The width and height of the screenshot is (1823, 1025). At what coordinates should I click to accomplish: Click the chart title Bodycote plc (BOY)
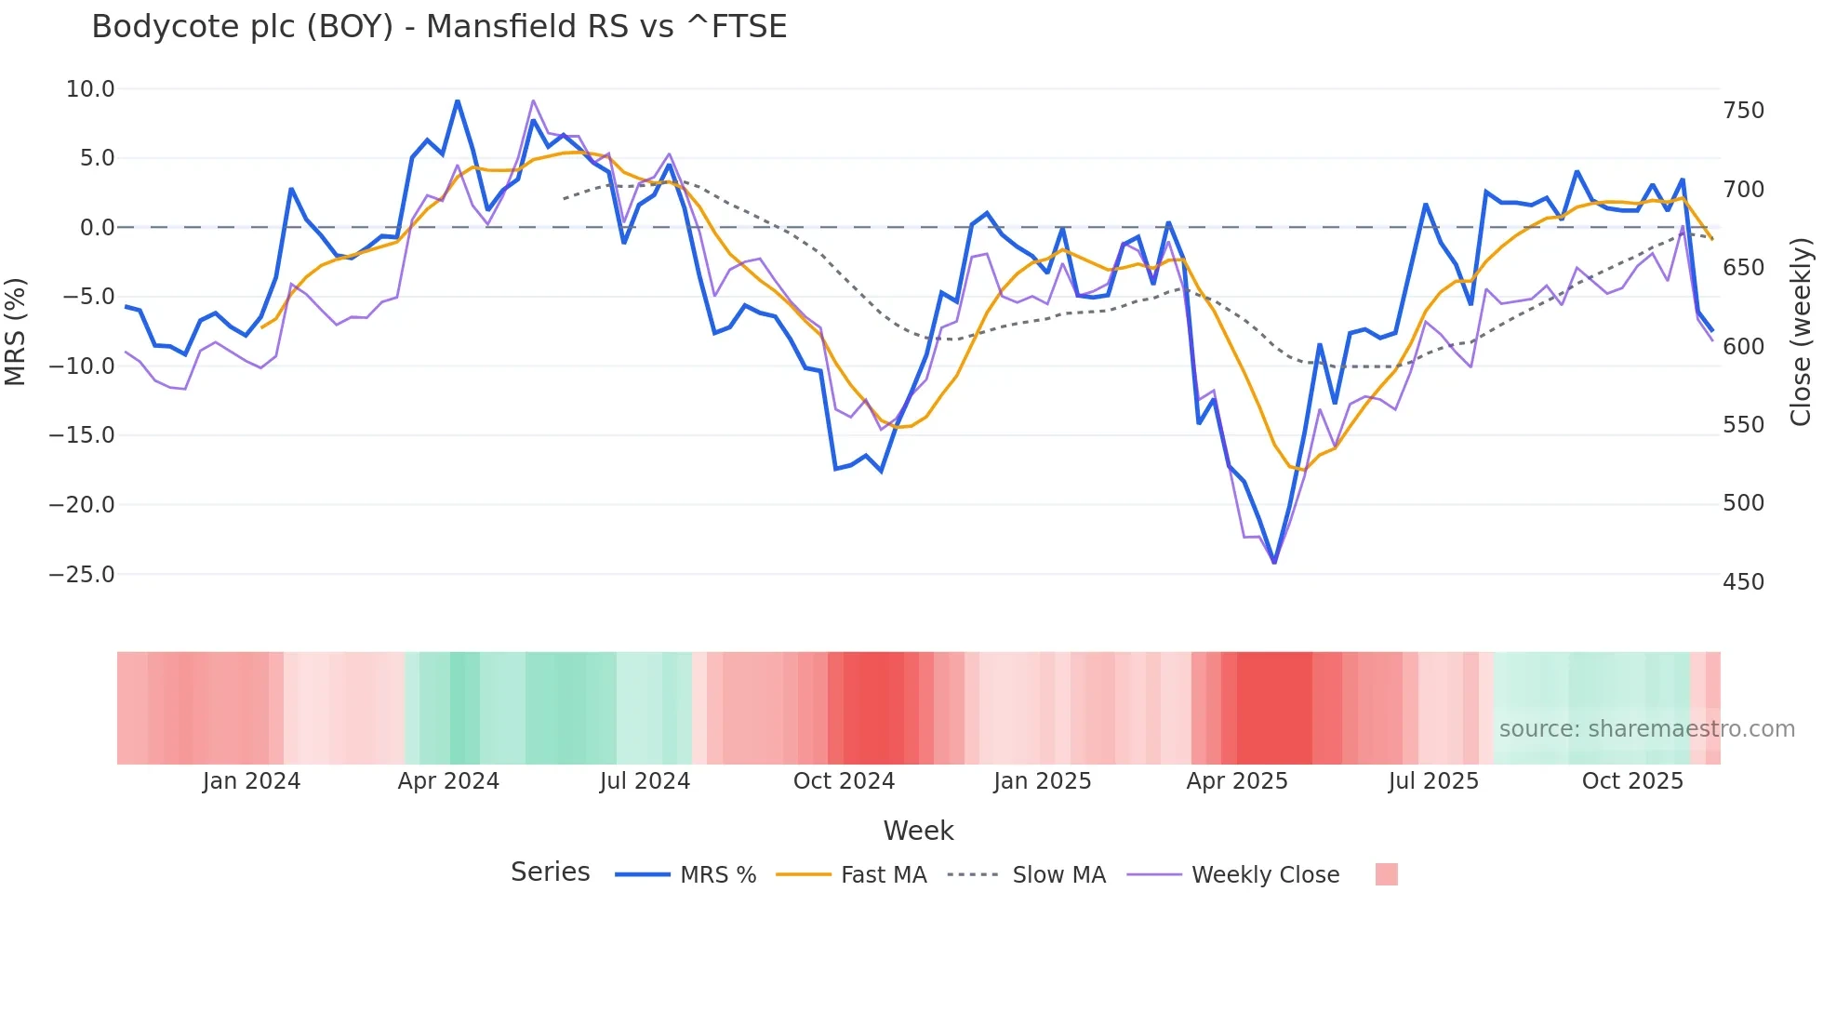click(439, 27)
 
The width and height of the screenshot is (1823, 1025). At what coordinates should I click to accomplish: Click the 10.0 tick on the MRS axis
click(90, 89)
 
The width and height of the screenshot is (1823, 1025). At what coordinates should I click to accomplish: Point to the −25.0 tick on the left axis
click(82, 575)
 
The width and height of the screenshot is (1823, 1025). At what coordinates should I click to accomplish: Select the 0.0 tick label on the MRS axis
click(97, 228)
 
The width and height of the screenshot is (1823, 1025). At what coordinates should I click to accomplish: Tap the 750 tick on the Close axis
click(1743, 111)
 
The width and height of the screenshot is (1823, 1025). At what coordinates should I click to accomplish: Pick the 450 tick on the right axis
click(1743, 582)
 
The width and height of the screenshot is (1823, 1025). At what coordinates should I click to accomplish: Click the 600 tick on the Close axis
click(1743, 347)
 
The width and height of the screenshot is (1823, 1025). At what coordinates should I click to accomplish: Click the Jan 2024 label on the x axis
click(251, 781)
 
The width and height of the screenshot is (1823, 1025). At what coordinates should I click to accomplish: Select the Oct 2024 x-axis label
click(844, 781)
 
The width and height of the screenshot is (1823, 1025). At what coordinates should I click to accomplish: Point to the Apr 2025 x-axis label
click(1237, 781)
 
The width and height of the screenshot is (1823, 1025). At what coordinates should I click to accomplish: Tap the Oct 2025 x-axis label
click(1632, 781)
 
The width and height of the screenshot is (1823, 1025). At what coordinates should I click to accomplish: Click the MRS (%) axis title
click(16, 331)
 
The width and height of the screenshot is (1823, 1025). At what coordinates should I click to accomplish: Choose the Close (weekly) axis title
click(1802, 331)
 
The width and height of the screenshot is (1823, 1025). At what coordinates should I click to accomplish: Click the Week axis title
click(918, 831)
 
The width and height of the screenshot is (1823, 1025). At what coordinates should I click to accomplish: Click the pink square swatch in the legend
click(1386, 874)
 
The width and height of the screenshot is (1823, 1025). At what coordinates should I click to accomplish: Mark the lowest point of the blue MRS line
click(1274, 562)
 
